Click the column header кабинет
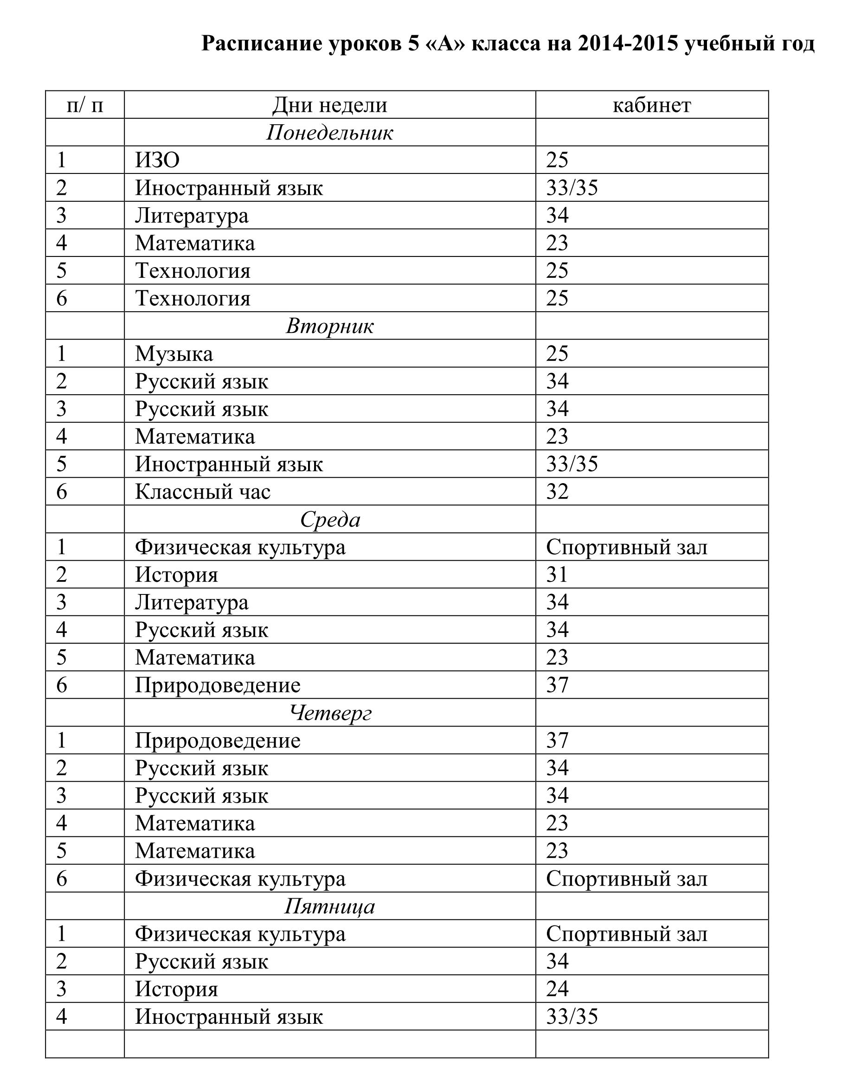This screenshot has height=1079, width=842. coord(651,105)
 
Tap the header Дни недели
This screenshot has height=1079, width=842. coord(330,105)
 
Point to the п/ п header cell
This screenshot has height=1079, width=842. coord(84,105)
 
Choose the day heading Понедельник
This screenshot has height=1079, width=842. coord(330,133)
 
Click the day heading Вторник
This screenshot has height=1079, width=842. coord(330,326)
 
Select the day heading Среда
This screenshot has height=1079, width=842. coord(330,519)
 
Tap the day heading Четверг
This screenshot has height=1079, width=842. coord(330,713)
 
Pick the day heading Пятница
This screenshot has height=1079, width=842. coord(330,907)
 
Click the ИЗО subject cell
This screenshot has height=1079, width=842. coord(157,160)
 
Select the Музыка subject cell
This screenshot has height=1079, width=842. coord(174,354)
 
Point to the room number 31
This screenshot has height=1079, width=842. coord(557,575)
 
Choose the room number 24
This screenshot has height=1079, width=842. coord(557,990)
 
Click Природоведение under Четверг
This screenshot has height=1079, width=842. coord(218,741)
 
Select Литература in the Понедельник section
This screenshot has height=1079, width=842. coord(192,216)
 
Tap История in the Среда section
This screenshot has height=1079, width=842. coord(176,575)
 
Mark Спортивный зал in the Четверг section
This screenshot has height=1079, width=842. coord(626,879)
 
